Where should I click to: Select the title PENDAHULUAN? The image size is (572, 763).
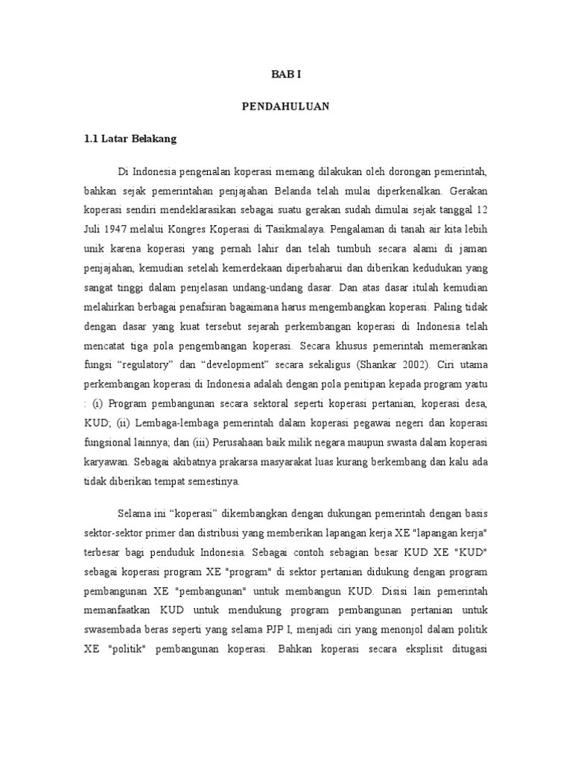point(285,107)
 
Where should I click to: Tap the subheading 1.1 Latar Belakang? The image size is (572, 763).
point(130,139)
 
